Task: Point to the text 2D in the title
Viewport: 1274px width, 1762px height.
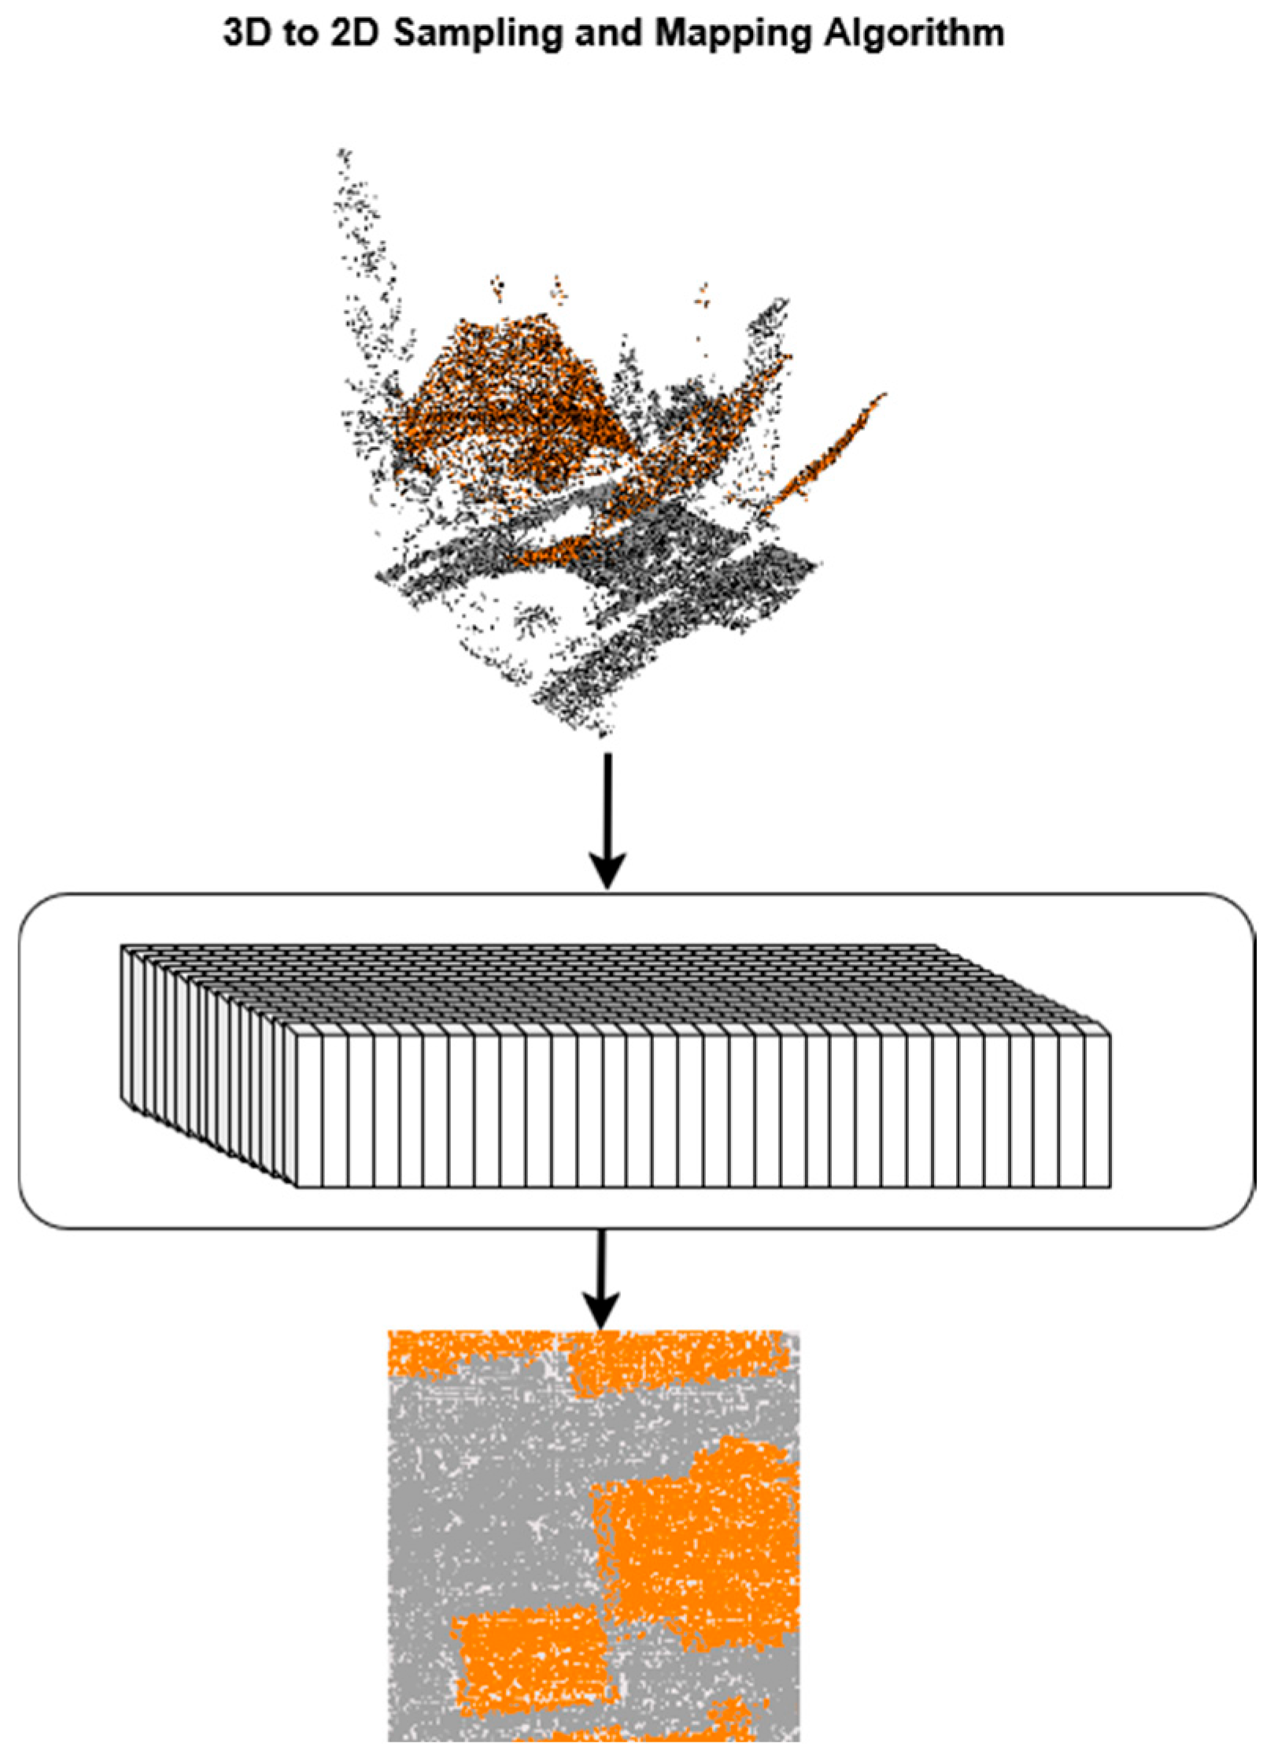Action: (x=355, y=35)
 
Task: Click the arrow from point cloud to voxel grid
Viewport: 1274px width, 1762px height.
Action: (x=607, y=821)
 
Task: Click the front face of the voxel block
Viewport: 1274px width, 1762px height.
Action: (x=703, y=1110)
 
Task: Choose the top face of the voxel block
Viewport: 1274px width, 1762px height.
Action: (x=614, y=988)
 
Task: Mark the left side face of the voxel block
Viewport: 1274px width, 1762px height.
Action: (x=209, y=1066)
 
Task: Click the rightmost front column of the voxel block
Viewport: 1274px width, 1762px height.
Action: (x=1098, y=1110)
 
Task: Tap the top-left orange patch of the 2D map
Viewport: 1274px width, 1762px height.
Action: (x=456, y=1354)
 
